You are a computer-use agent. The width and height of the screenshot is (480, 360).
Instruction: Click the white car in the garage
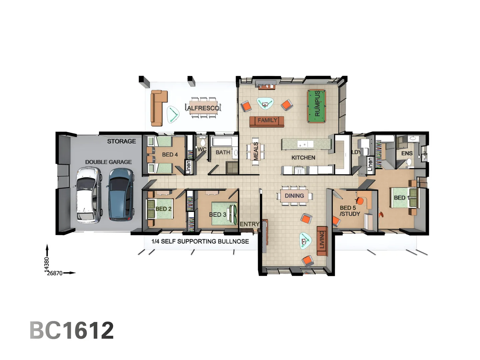pos(89,195)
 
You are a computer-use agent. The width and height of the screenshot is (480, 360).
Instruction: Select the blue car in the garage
pos(121,194)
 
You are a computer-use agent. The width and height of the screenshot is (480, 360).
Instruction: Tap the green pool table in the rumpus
pos(316,106)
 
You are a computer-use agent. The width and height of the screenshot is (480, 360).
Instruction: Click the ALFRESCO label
pos(203,108)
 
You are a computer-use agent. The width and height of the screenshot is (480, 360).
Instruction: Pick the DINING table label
pos(294,196)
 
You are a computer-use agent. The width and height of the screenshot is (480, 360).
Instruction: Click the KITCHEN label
pos(303,158)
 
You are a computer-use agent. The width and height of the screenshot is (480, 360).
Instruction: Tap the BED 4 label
pos(170,155)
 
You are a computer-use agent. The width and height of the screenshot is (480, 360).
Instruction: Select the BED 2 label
pos(163,209)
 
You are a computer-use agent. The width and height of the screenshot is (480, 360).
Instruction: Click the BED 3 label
pos(217,215)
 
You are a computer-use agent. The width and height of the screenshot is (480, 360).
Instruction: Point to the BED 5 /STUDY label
pos(349,211)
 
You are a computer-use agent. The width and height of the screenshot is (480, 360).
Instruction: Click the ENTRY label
pos(249,224)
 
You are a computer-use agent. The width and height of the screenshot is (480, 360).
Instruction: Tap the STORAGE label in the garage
pos(121,141)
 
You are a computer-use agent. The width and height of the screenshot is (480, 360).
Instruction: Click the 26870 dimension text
pos(55,273)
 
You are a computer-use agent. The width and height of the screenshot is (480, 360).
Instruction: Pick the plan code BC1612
pos(72,330)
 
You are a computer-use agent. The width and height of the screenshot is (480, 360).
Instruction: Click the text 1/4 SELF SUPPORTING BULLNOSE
pos(200,241)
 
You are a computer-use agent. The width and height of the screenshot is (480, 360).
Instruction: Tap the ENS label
pos(407,153)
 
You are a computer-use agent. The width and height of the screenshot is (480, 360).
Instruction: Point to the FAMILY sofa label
pos(267,120)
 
